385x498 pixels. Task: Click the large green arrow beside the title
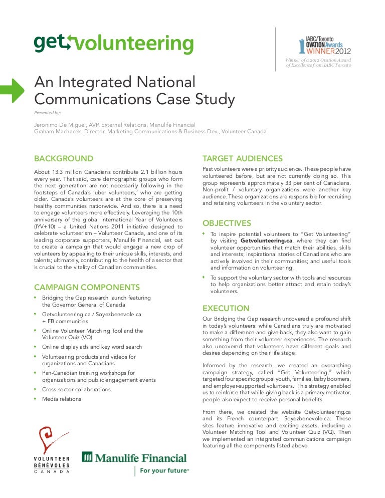pos(12,91)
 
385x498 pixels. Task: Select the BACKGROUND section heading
pos(63,159)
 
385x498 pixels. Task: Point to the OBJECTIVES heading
pos(226,223)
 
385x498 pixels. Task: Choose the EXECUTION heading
pos(225,308)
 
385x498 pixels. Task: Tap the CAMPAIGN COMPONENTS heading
pos(87,287)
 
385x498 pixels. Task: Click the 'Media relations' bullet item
pos(61,399)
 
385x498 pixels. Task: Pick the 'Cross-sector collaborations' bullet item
pos(76,389)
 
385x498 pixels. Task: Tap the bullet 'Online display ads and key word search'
pos(92,347)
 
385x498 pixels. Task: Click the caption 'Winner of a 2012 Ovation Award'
pos(318,61)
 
